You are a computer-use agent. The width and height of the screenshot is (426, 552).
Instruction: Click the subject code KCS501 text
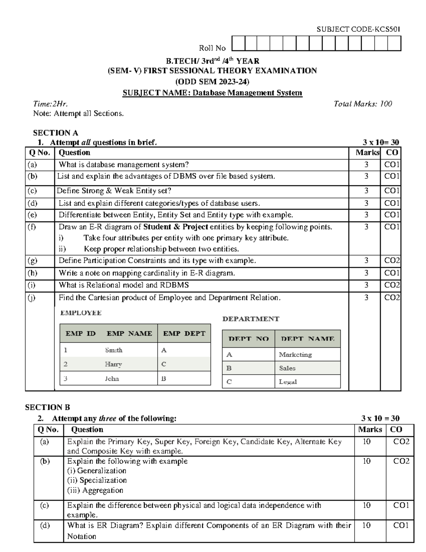[358, 29]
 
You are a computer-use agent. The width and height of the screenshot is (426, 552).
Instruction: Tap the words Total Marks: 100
[362, 104]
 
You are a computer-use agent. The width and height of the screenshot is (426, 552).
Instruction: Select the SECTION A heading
[55, 133]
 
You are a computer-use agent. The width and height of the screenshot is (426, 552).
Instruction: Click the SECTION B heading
[48, 407]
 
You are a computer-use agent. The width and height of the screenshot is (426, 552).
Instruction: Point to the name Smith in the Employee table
[114, 350]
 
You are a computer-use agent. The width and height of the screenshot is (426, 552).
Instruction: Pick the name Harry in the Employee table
[113, 364]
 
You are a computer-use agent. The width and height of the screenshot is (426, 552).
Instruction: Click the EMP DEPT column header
[184, 333]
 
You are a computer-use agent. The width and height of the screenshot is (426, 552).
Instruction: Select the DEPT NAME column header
[307, 339]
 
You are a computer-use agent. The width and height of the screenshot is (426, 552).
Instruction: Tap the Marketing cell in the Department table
[295, 354]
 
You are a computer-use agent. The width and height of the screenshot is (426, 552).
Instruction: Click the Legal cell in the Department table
[288, 382]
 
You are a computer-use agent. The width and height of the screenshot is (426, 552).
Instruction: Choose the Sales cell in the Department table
[287, 368]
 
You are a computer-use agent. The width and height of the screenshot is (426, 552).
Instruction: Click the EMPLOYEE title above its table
[81, 313]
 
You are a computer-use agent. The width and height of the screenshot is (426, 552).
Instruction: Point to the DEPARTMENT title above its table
[251, 319]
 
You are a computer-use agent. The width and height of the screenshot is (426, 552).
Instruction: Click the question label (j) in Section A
[32, 298]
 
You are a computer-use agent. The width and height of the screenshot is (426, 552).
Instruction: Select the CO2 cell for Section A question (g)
[392, 261]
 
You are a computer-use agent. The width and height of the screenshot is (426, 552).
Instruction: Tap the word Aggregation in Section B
[103, 490]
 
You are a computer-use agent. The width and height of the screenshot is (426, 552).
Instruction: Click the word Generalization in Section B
[102, 471]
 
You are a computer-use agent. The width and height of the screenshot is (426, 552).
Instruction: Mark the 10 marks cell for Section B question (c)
[366, 505]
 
